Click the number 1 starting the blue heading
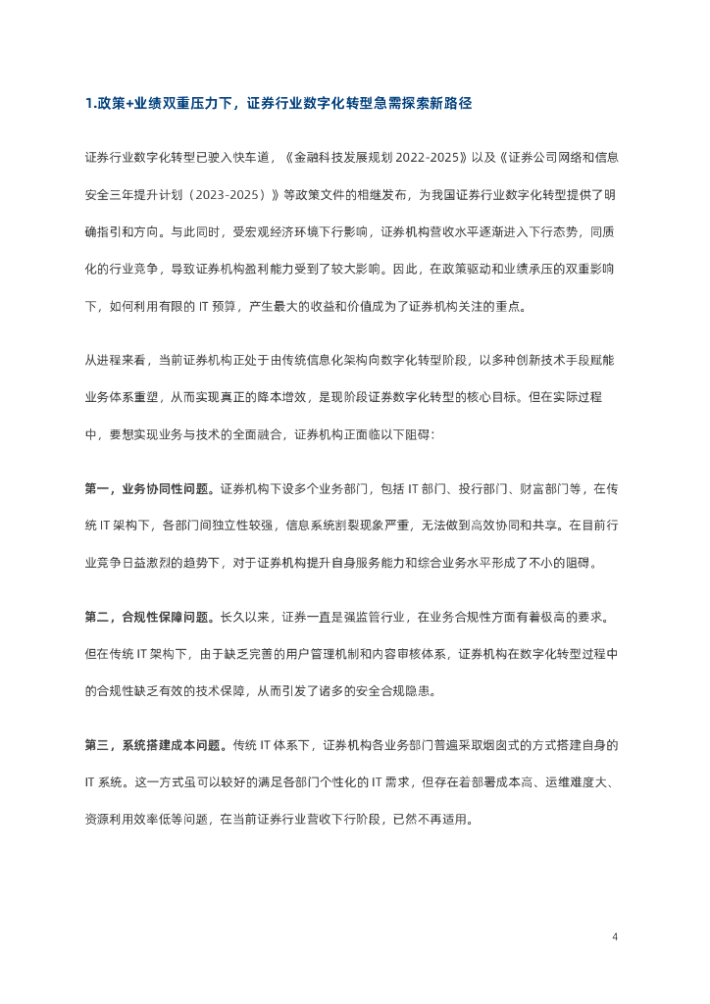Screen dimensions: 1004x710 (88, 103)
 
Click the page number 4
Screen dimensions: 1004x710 (615, 937)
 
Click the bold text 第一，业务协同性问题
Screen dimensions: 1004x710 (150, 488)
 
